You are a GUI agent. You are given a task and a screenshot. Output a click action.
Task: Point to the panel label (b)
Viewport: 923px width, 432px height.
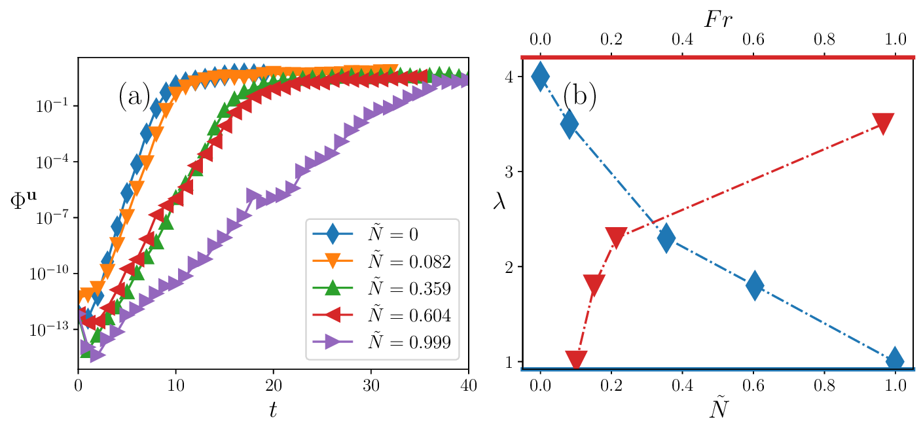(x=579, y=97)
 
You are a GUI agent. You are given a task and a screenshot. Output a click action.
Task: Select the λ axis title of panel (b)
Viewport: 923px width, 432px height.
(x=499, y=203)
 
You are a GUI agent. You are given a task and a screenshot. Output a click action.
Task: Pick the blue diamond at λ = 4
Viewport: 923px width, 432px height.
(x=540, y=77)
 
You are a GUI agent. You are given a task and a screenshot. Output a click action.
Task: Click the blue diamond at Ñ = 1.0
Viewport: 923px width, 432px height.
(x=895, y=361)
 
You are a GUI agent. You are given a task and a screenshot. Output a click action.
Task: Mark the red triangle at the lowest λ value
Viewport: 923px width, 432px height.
(x=575, y=359)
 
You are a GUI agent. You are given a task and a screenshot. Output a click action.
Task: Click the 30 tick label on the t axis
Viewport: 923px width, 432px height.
(x=371, y=386)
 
